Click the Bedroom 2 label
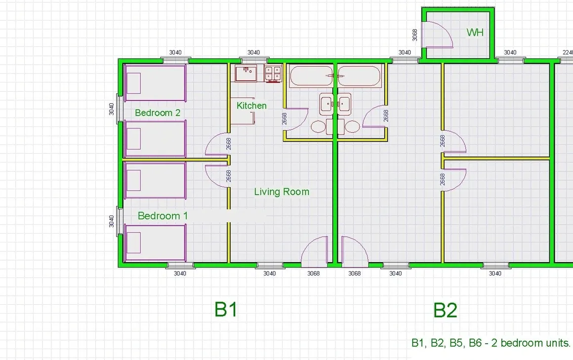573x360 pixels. click(x=158, y=113)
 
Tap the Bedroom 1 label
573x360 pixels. click(x=163, y=216)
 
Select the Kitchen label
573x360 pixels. click(x=251, y=106)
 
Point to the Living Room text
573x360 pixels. click(x=282, y=192)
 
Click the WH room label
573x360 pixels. click(x=475, y=33)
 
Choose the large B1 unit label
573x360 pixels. click(x=226, y=309)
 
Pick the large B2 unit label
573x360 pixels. click(x=445, y=310)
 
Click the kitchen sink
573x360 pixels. click(x=246, y=73)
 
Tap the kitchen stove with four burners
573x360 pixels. click(x=273, y=74)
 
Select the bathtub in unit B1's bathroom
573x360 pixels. click(x=311, y=76)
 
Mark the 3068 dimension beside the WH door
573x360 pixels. click(x=415, y=35)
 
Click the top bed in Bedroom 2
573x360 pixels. click(x=155, y=83)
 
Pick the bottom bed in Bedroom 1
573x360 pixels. click(x=155, y=243)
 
